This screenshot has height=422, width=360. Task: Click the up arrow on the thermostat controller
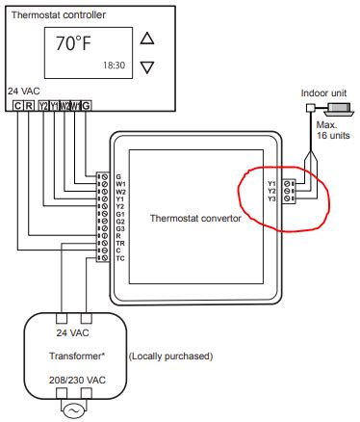(x=146, y=39)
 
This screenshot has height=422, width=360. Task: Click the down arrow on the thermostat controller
(x=146, y=66)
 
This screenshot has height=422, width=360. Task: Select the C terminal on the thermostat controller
(x=18, y=104)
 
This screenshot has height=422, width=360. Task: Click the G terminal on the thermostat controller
(x=87, y=104)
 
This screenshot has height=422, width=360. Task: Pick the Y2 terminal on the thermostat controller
(x=43, y=104)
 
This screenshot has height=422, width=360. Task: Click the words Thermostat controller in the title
(x=58, y=15)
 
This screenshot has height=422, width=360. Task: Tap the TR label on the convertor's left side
(x=120, y=244)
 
